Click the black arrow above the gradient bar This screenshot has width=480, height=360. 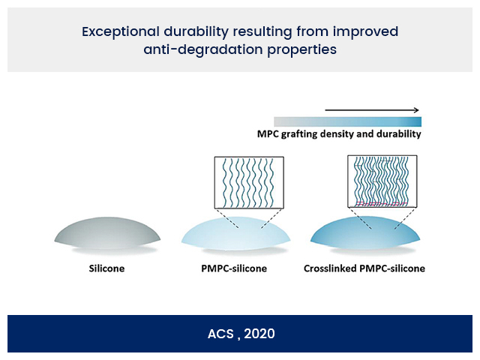click(373, 109)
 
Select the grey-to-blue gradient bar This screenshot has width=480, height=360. click(347, 121)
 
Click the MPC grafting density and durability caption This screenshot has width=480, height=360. click(339, 135)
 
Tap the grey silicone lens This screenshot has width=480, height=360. click(107, 232)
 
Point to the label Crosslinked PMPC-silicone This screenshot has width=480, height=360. click(364, 268)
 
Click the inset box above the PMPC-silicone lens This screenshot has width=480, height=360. click(249, 182)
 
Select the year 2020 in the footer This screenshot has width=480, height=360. click(259, 334)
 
